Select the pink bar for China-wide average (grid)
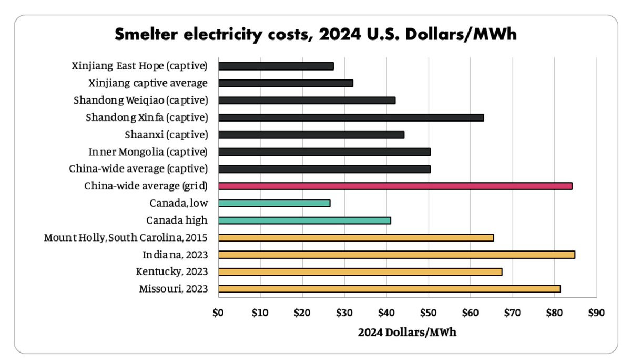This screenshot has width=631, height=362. tap(395, 186)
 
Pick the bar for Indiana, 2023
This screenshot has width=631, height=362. tap(396, 255)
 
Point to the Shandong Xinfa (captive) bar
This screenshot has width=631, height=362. tap(351, 117)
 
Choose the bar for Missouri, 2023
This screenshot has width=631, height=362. tap(389, 289)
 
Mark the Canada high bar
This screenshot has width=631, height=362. tap(304, 220)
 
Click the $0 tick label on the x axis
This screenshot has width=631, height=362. tap(218, 313)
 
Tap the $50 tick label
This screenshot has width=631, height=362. tap(428, 313)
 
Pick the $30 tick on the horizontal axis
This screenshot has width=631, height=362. tap(344, 313)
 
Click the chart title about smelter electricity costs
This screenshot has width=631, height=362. tap(315, 34)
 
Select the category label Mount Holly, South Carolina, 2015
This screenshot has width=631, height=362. tap(126, 238)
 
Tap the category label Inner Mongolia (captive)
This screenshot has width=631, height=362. tap(148, 152)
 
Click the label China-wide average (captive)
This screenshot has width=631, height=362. tap(138, 169)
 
